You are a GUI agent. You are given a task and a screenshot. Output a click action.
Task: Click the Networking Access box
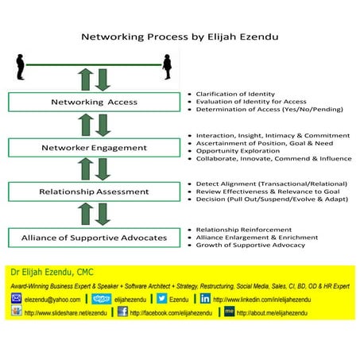pyautogui.click(x=95, y=103)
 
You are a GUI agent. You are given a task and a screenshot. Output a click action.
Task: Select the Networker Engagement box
pyautogui.click(x=95, y=148)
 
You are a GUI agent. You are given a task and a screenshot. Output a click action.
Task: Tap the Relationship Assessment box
pyautogui.click(x=95, y=192)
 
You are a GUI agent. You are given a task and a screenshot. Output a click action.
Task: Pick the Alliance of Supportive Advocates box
pyautogui.click(x=95, y=237)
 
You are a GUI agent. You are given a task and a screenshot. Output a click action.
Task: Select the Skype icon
pyautogui.click(x=101, y=299)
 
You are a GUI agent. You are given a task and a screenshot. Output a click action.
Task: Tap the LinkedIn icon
pyautogui.click(x=205, y=299)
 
